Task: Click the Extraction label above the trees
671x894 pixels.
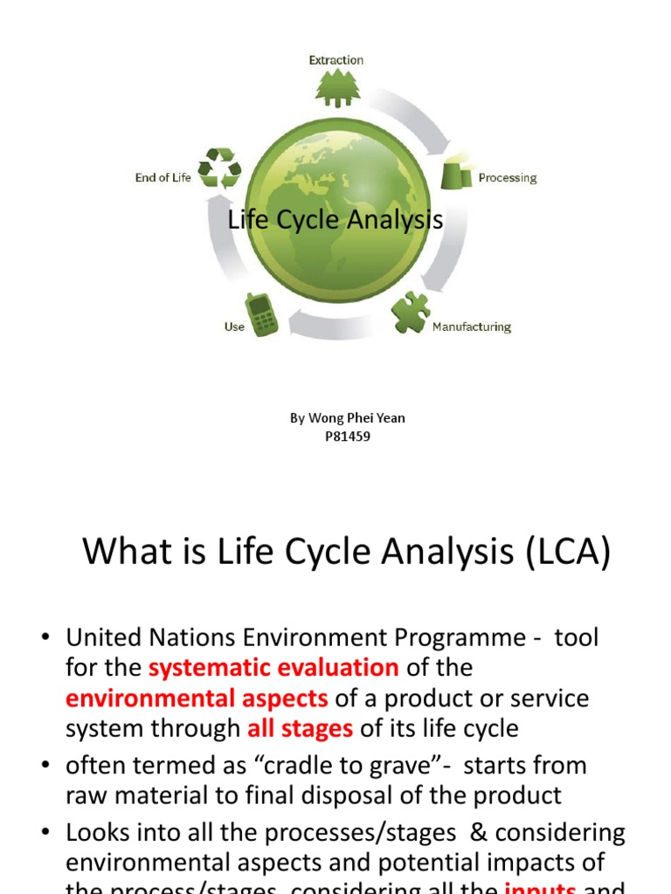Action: (335, 60)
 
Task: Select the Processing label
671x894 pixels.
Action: (507, 178)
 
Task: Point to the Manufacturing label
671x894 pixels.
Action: (472, 327)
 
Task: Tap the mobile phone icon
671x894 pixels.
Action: (262, 314)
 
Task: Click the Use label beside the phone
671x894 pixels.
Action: (234, 327)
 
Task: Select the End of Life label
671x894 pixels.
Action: (163, 178)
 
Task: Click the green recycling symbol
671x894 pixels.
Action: (219, 168)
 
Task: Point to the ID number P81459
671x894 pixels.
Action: (348, 437)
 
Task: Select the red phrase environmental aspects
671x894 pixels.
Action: (197, 698)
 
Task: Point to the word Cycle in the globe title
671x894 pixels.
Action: (308, 220)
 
